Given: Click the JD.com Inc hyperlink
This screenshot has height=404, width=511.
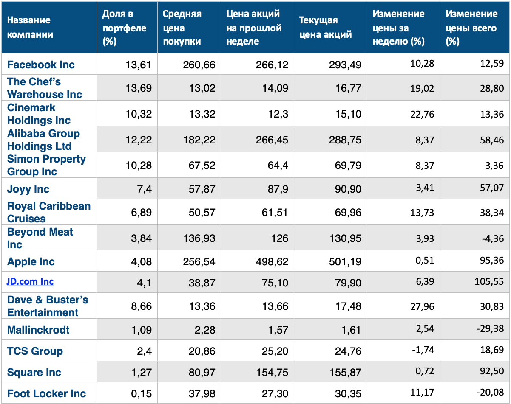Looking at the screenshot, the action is tap(30, 282).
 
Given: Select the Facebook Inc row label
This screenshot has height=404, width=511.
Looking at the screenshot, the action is tap(41, 65).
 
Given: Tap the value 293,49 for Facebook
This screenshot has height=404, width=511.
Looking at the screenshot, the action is tap(345, 65).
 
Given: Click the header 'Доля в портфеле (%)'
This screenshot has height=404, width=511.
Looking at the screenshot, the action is tap(125, 28).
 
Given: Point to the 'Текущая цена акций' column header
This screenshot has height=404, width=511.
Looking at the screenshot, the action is tap(325, 28).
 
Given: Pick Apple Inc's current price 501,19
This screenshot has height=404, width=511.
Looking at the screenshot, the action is tap(345, 262).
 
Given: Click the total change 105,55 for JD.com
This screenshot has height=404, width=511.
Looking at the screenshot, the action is tap(489, 281).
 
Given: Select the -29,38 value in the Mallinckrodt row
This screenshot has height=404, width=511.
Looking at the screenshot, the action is tap(490, 328).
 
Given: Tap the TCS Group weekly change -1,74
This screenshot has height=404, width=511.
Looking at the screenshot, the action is tap(423, 350).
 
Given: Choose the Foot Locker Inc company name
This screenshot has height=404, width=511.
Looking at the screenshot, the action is tap(46, 393).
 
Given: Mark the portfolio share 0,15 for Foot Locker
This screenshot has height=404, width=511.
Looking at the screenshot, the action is tap(141, 394).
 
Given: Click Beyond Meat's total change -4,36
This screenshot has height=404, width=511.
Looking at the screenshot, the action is tap(493, 238).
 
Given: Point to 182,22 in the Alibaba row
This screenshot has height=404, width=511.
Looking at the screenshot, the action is tap(199, 140).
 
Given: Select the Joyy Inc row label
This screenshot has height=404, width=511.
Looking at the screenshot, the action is tap(28, 189).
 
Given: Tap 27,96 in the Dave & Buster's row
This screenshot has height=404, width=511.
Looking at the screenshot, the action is tap(422, 306).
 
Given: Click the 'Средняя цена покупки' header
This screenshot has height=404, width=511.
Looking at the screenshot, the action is tap(182, 28).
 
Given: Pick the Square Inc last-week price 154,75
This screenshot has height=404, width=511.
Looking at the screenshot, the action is tap(272, 373).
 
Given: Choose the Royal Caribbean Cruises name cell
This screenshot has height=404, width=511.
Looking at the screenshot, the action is tap(49, 212).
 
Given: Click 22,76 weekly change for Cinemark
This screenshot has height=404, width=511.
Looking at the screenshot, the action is tap(422, 114).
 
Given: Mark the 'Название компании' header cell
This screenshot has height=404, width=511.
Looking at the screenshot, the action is tap(30, 28).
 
